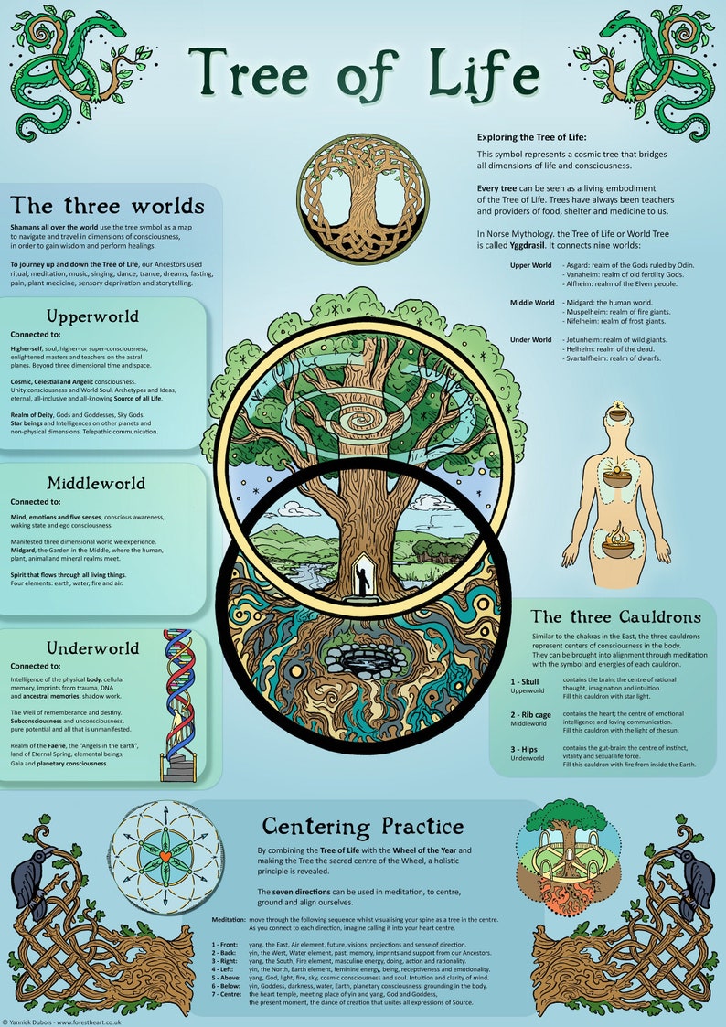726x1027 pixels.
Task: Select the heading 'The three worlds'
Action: [107, 204]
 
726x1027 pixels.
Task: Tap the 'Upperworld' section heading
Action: [106, 316]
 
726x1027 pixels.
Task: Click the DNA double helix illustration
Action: [180, 695]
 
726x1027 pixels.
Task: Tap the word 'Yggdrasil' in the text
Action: [505, 246]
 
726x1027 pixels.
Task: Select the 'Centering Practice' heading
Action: [363, 826]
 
